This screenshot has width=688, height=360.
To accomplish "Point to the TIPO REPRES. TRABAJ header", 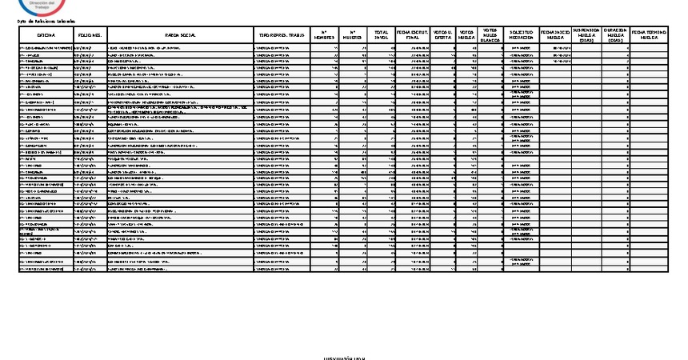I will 280,36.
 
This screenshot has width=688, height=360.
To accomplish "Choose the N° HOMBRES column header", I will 323,36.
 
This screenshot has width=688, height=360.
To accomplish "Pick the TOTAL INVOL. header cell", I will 382,36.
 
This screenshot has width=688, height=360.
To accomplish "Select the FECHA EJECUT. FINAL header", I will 413,36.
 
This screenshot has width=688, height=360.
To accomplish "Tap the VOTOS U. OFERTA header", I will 442,36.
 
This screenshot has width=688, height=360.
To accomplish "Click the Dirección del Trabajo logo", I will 41,6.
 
